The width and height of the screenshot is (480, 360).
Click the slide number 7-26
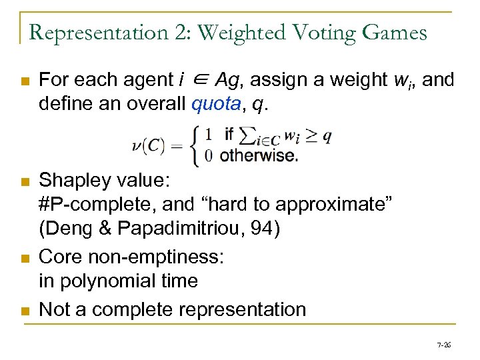(443, 345)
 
